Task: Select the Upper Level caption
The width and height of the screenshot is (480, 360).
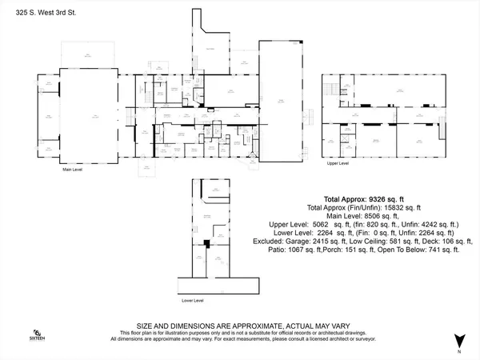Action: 338,163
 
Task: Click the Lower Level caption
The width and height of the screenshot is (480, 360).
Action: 193,301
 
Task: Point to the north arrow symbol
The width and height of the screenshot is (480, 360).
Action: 459,340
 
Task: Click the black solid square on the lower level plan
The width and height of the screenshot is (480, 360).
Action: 206,242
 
